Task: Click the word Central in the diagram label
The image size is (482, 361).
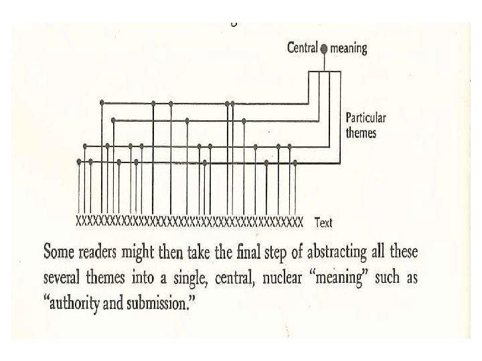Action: point(303,48)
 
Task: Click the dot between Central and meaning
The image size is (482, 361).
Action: point(324,49)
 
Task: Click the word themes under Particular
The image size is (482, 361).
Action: point(361,132)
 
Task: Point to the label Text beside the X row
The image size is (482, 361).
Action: point(323,223)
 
